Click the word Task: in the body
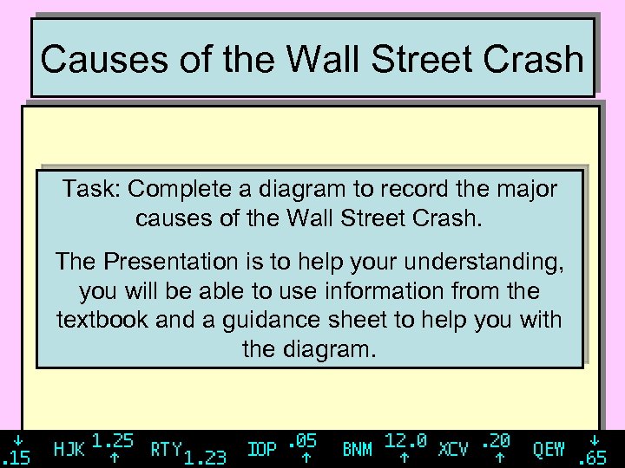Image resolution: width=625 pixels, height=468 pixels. (x=90, y=189)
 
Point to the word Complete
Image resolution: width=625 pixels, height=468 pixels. (x=173, y=189)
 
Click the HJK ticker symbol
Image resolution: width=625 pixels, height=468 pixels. (x=69, y=449)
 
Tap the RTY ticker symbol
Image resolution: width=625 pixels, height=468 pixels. (x=166, y=449)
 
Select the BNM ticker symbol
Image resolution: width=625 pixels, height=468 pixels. (x=358, y=449)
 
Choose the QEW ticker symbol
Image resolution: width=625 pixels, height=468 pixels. (x=549, y=449)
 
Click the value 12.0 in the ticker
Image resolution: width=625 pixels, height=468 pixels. (x=405, y=440)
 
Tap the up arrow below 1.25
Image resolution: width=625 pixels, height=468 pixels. (x=113, y=457)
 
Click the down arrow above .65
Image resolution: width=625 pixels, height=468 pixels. (x=595, y=439)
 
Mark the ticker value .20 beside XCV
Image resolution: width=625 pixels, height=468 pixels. (x=497, y=440)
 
